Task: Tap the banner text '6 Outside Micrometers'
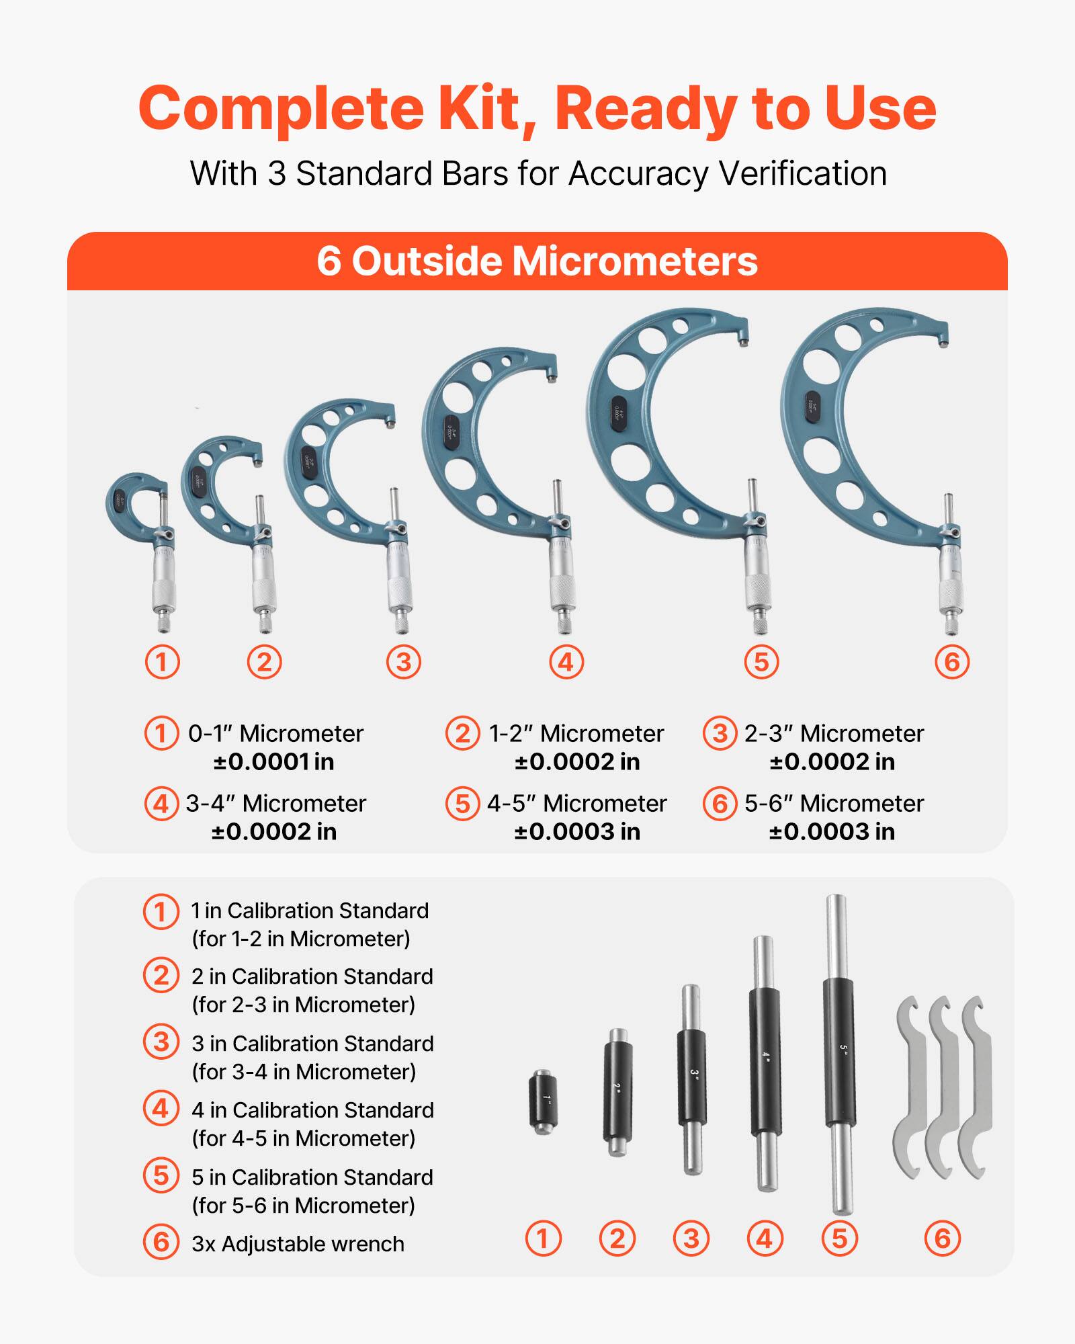pos(537,261)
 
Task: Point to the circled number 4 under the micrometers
pos(566,662)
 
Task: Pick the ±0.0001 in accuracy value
pos(273,761)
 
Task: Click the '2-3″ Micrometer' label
pos(834,733)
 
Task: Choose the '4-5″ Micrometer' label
pos(576,803)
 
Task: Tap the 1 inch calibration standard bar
pos(543,1102)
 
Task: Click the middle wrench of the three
pos(942,1089)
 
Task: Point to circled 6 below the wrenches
pos(942,1238)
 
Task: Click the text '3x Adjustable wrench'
pos(298,1244)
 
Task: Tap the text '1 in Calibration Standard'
pos(310,911)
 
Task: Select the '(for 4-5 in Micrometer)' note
pos(303,1138)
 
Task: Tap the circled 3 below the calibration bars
pos(691,1238)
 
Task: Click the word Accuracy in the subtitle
pos(638,173)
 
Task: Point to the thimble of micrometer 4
pos(562,591)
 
